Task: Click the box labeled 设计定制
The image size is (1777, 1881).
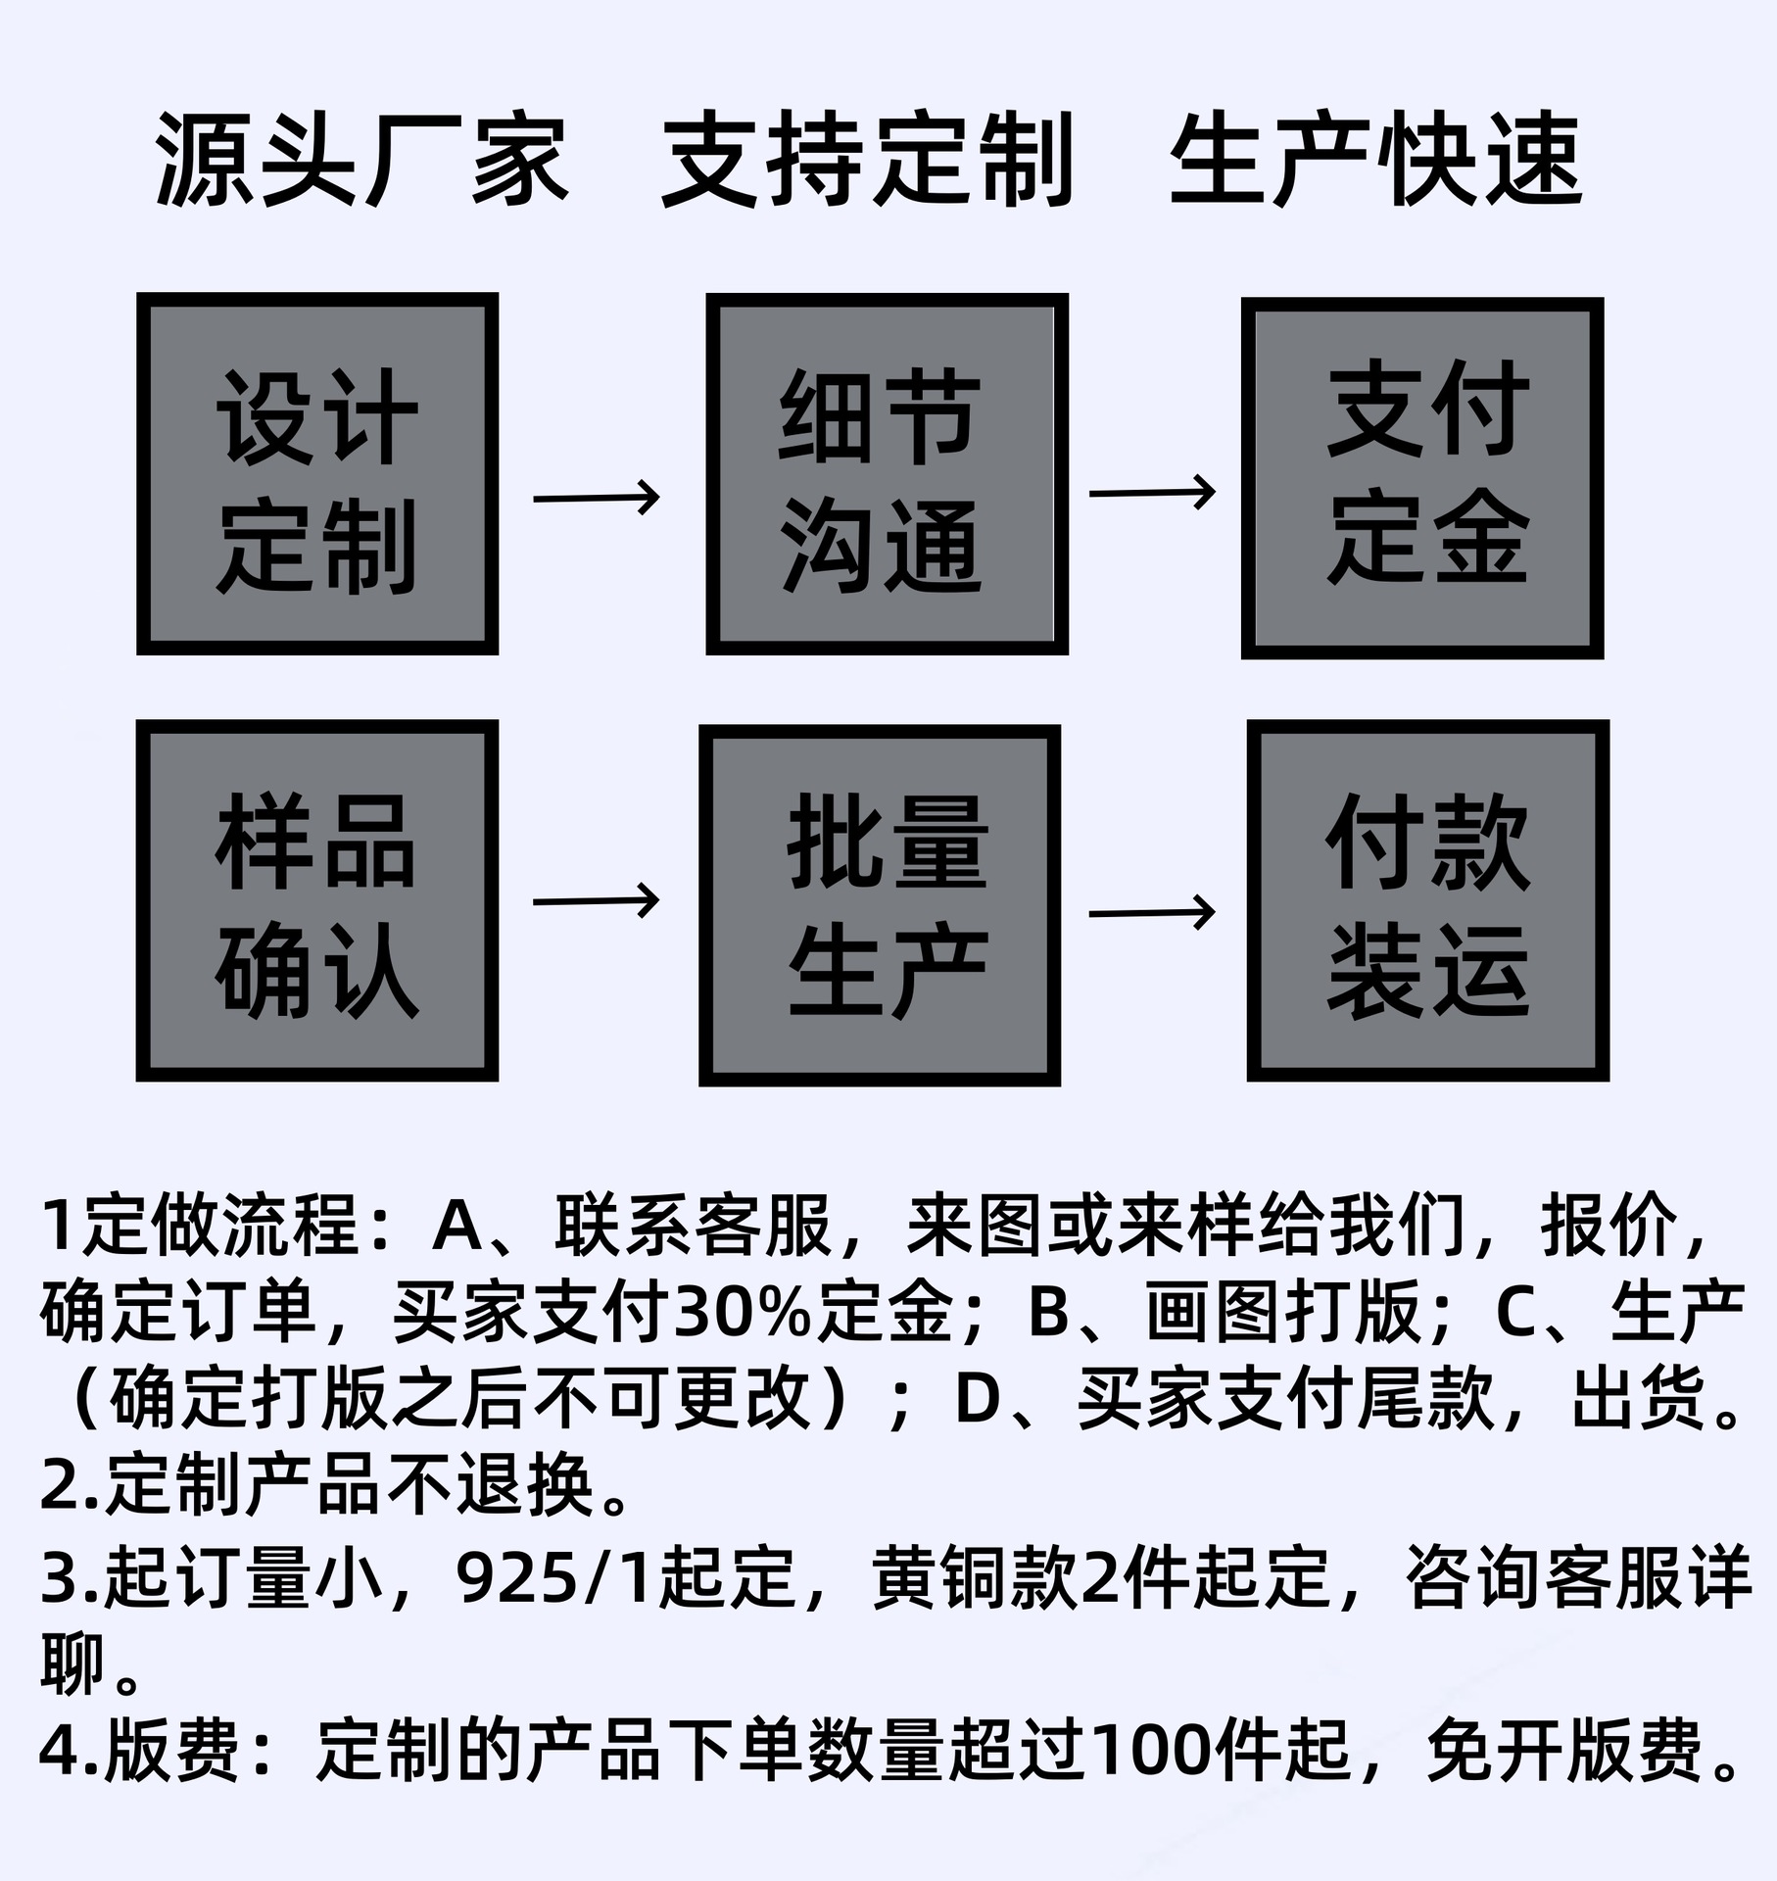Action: click(317, 474)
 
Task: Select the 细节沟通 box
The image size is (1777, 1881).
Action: click(887, 474)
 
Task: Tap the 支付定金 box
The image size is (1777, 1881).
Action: click(1421, 478)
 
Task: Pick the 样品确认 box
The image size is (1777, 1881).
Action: click(317, 901)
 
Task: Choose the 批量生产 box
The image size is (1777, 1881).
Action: click(880, 905)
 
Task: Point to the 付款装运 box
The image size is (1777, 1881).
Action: click(1427, 901)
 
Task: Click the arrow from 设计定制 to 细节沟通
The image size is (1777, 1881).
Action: click(597, 498)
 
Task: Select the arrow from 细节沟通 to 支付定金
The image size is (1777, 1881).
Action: click(1152, 492)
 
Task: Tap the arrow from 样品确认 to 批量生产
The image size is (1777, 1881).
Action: click(597, 899)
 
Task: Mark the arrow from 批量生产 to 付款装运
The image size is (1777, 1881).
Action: click(1152, 913)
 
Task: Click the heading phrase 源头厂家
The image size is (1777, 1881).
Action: click(361, 160)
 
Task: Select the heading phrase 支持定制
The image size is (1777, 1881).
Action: click(868, 160)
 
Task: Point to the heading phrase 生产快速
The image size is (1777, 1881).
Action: click(1376, 160)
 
